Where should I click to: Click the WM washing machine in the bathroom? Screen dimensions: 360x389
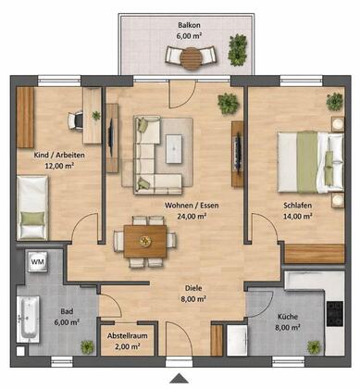(x=38, y=262)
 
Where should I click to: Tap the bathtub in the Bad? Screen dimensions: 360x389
(x=28, y=320)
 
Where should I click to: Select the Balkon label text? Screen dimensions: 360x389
(x=189, y=25)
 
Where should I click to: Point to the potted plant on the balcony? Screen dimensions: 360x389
(x=238, y=50)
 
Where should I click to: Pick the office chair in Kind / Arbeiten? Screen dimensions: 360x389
(x=76, y=120)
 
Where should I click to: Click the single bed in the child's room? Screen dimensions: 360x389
(x=32, y=207)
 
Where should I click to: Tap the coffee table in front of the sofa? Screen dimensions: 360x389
(x=174, y=149)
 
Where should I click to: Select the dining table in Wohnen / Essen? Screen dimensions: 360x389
(x=145, y=241)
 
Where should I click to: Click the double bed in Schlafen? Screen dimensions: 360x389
(x=310, y=162)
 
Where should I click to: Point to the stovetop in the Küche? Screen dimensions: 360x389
(x=335, y=314)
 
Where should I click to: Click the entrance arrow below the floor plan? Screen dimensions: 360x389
(x=179, y=378)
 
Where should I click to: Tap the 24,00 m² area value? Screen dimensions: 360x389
(x=192, y=216)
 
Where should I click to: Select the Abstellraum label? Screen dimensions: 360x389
(x=128, y=336)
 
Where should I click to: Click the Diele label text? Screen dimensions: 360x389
(x=193, y=288)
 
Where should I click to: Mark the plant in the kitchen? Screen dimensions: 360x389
(x=315, y=347)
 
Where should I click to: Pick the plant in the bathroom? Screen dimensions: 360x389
(x=87, y=347)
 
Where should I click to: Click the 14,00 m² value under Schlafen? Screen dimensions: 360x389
(x=297, y=216)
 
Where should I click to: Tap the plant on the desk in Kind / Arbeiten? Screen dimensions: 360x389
(x=96, y=116)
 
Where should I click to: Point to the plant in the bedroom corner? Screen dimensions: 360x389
(x=335, y=101)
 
